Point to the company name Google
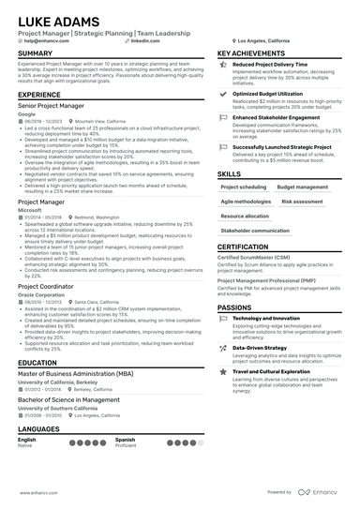coord(28,114)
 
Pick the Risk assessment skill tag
coord(302,201)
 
